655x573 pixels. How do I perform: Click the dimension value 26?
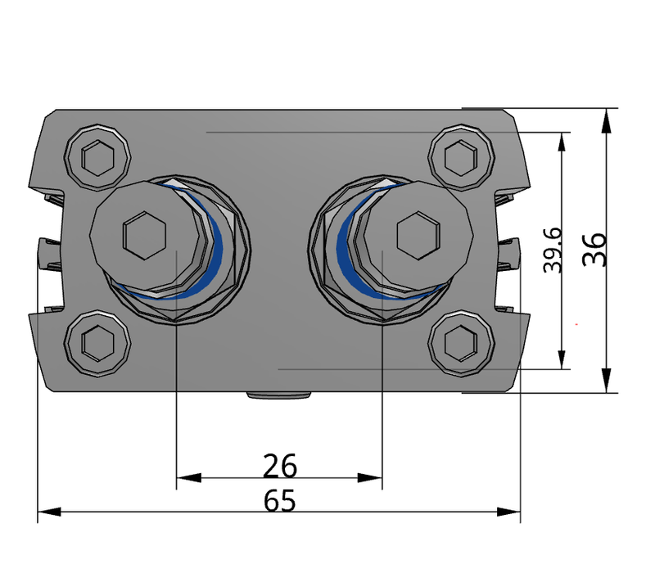point(280,467)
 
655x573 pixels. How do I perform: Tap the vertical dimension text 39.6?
point(554,250)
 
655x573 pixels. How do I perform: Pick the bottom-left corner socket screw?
point(97,342)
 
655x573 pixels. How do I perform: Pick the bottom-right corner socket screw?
point(462,342)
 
